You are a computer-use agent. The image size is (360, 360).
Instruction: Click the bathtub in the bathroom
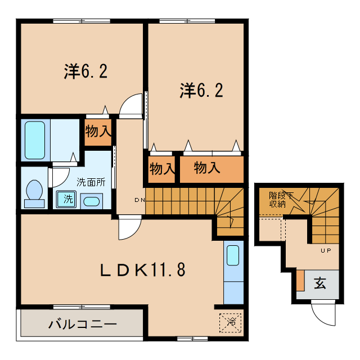(35, 138)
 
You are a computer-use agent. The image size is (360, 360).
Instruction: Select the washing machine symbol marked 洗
(67, 199)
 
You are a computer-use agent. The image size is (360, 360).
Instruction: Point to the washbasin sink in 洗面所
(91, 201)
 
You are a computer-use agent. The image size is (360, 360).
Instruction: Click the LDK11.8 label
(142, 270)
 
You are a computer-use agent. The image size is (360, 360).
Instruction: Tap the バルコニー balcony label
(82, 325)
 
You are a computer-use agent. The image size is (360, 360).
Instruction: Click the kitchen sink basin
(233, 256)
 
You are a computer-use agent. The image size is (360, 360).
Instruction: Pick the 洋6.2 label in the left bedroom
(85, 71)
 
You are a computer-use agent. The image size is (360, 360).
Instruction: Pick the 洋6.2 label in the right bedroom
(201, 90)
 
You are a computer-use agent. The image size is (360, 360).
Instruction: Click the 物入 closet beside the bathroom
(98, 132)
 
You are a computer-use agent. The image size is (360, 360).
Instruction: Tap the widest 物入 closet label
(207, 168)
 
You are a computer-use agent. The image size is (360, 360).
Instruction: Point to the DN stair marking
(139, 200)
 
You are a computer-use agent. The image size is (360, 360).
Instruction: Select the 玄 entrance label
(320, 284)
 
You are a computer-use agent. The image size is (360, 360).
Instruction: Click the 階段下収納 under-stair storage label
(280, 200)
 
